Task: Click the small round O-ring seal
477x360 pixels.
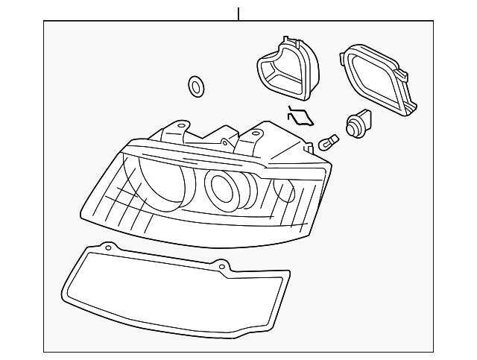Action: click(196, 86)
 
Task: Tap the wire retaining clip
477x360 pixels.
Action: click(300, 116)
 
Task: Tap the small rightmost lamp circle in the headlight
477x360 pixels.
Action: click(283, 189)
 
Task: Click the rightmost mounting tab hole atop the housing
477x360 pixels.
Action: click(256, 133)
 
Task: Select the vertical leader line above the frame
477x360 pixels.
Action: click(238, 13)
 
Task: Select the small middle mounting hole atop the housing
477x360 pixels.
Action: click(224, 139)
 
